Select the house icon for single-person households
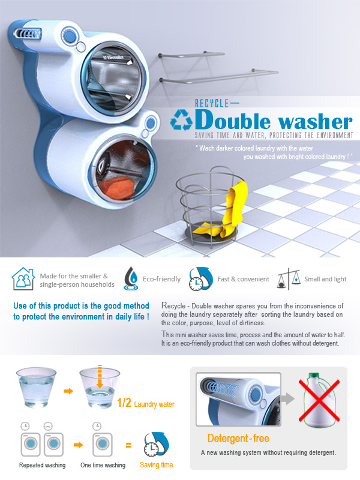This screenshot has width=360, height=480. (23, 279)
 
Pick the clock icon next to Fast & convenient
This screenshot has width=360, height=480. (200, 279)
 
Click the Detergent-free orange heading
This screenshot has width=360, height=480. (238, 439)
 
